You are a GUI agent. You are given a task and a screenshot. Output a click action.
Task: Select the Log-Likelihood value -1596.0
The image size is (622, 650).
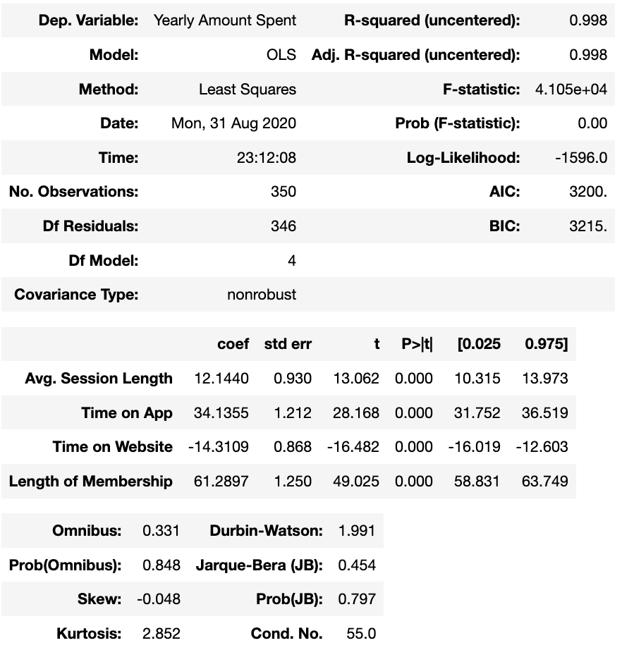coord(580,158)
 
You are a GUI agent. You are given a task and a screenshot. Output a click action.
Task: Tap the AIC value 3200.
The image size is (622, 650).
coord(587,192)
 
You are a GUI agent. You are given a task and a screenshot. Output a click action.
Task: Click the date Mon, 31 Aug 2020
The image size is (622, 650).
coord(233,124)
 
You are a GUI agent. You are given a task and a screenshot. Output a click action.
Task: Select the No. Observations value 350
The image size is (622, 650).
coord(283,192)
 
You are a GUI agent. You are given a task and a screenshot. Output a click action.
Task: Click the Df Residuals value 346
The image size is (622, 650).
coord(283,226)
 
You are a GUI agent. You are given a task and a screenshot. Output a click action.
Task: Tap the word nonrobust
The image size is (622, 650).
coord(262,295)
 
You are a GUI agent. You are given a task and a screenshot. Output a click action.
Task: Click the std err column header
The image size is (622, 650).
coord(288,344)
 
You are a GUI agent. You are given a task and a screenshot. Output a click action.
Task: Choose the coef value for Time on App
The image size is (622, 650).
coord(221,413)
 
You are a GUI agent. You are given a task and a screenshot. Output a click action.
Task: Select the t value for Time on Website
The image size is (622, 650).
coord(353,447)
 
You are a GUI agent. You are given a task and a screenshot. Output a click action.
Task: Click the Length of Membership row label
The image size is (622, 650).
coord(91,482)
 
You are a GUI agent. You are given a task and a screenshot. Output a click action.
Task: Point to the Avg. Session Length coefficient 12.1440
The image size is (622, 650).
coord(221,379)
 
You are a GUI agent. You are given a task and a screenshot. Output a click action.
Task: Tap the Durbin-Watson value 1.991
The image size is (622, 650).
coord(357,531)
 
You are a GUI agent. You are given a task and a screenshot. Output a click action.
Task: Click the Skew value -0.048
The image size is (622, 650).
coord(158,599)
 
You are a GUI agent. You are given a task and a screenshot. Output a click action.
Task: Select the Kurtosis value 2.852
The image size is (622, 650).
coord(161,634)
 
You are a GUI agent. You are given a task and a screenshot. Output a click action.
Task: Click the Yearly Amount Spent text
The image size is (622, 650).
coord(225,20)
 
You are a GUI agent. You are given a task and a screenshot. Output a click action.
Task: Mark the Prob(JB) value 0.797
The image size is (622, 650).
coord(357,599)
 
